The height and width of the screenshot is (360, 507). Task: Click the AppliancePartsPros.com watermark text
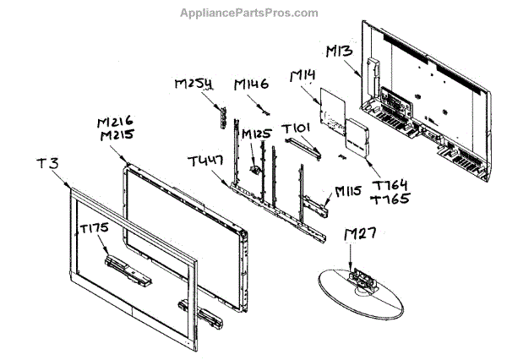249,13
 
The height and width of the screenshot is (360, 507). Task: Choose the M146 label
250,85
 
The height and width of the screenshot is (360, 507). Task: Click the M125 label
258,134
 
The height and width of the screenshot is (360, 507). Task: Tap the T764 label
390,185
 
